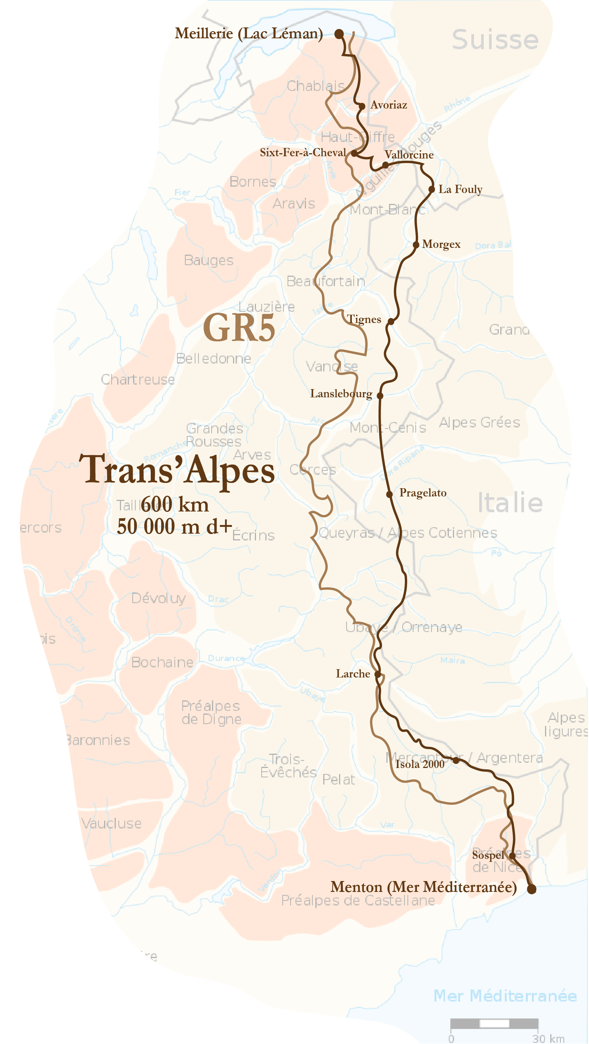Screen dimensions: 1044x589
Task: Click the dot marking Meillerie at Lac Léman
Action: tap(339, 34)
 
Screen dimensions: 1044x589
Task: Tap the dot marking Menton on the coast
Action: tap(531, 889)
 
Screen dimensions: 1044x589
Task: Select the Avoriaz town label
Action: tap(388, 105)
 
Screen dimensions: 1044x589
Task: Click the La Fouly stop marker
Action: tap(432, 189)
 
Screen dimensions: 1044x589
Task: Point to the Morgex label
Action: tap(441, 244)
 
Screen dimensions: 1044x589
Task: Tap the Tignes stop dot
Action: tap(390, 321)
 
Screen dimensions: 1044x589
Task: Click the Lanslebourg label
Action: tap(341, 394)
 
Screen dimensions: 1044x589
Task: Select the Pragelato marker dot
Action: tap(389, 494)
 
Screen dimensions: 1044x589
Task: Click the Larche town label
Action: tap(353, 674)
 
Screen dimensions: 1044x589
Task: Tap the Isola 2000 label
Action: tap(420, 764)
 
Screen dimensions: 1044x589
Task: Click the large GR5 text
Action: tap(239, 328)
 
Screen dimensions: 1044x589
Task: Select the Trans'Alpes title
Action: tap(177, 470)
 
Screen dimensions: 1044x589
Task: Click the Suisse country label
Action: tap(495, 40)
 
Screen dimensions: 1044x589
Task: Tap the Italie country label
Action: tap(510, 502)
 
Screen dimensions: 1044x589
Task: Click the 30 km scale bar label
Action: tap(548, 1038)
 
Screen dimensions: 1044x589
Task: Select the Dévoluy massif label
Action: tap(159, 598)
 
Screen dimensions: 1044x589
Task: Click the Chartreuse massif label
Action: tap(138, 379)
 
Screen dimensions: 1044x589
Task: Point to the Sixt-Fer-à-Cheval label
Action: tap(303, 152)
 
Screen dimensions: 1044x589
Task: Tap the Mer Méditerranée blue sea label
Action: tap(505, 995)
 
